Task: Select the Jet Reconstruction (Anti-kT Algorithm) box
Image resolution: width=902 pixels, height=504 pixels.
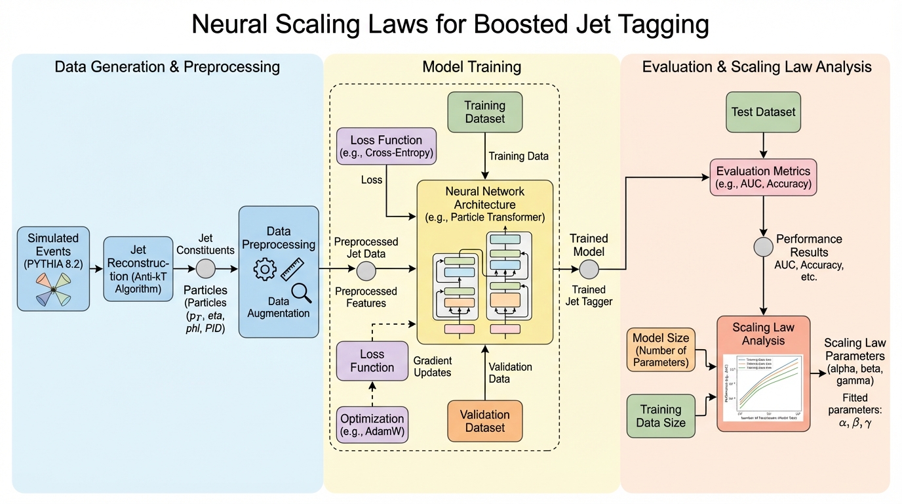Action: pyautogui.click(x=138, y=268)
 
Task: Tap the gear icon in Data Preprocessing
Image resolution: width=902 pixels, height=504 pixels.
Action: pyautogui.click(x=265, y=270)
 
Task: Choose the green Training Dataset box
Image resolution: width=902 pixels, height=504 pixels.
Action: pyautogui.click(x=484, y=113)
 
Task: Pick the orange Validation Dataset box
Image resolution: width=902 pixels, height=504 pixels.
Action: pyautogui.click(x=484, y=421)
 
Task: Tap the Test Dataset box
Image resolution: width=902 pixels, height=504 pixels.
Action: pyautogui.click(x=762, y=112)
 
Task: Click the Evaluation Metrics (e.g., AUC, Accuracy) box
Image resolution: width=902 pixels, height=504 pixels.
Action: pyautogui.click(x=763, y=177)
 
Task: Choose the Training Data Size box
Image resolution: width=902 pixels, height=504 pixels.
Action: pyautogui.click(x=661, y=415)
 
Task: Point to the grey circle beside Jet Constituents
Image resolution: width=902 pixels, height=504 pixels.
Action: pyautogui.click(x=206, y=268)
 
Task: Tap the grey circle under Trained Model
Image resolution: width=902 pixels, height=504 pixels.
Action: pyautogui.click(x=589, y=268)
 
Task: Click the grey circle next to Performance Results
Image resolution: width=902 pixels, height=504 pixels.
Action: pyautogui.click(x=763, y=247)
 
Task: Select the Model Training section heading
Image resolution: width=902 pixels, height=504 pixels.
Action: pyautogui.click(x=471, y=67)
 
